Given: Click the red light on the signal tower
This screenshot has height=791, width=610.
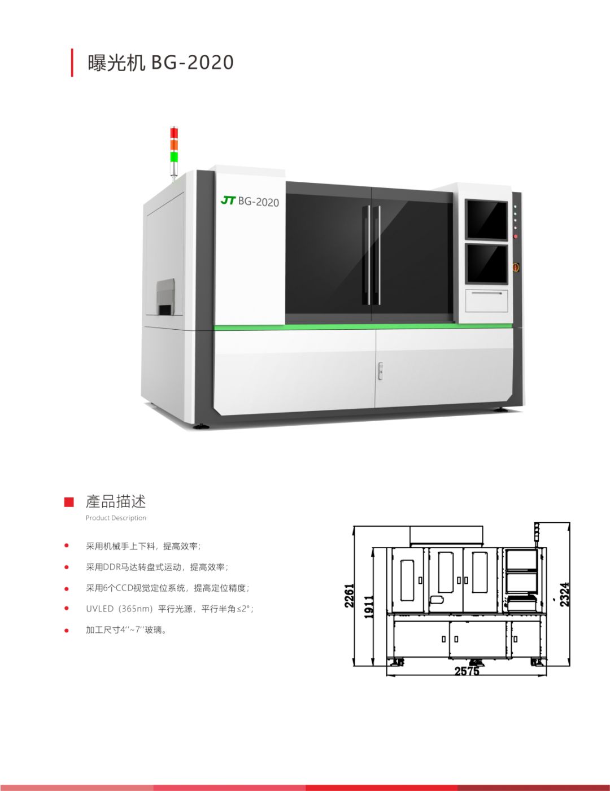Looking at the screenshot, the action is (x=175, y=133).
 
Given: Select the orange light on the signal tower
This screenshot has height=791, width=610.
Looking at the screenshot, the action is (x=175, y=145).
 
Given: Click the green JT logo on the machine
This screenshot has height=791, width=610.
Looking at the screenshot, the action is (x=228, y=200).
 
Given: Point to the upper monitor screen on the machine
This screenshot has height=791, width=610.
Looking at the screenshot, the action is (x=486, y=219).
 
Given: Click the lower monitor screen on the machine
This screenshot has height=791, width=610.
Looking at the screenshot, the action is (x=487, y=264).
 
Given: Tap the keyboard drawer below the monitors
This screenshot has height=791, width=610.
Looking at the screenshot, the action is (x=486, y=301).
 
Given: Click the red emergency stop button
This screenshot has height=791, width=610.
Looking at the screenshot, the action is (x=516, y=267).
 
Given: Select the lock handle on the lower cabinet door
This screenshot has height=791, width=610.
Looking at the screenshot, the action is (x=380, y=370).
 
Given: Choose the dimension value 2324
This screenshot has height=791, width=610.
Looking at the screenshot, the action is (x=564, y=595).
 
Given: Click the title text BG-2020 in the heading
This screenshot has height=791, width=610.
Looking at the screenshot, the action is (x=192, y=62).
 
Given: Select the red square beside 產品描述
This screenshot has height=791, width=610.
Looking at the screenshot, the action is (x=69, y=502).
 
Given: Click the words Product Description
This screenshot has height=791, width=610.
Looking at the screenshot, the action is (x=116, y=518).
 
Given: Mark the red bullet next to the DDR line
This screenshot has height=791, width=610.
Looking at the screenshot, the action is (x=66, y=567).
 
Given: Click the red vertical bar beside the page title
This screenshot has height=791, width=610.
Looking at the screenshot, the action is (x=72, y=63).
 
